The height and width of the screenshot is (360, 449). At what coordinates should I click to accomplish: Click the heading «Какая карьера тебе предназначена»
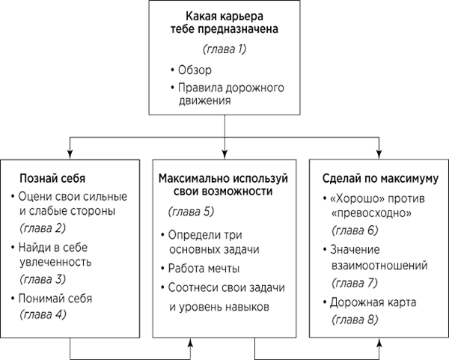pos(224,22)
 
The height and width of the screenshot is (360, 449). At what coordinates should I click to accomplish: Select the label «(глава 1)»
pos(224,49)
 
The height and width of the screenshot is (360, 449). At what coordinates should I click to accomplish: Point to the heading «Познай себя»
pos(52,178)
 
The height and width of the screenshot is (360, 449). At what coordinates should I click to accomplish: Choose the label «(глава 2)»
pos(43,228)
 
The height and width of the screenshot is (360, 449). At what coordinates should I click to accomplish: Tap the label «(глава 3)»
pos(43,279)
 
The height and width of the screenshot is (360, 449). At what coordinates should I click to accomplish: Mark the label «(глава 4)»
pos(43,314)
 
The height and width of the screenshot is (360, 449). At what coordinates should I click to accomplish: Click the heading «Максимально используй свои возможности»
pos(223,185)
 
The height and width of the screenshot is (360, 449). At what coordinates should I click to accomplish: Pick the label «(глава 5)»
pos(192,212)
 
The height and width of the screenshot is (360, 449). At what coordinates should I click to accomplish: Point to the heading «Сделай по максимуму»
pos(380,178)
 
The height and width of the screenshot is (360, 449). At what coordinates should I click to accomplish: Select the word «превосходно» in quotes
pos(372,213)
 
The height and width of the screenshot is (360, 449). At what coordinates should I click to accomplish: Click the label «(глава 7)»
pos(355,283)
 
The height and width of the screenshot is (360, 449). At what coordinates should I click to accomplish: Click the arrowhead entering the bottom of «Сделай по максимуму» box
pos(379,343)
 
